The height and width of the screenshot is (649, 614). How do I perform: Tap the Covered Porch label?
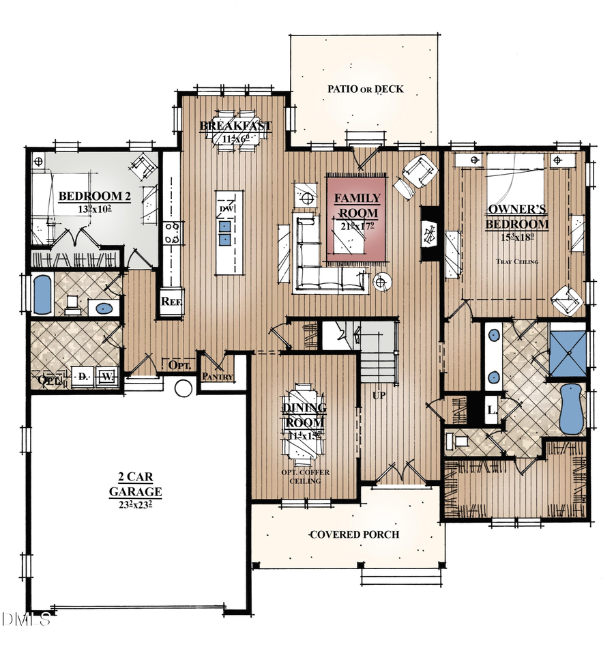point(353,534)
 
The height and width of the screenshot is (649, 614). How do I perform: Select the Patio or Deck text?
point(365,89)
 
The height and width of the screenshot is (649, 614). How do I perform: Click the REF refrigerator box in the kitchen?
point(169,301)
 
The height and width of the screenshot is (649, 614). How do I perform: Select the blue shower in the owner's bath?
point(568,354)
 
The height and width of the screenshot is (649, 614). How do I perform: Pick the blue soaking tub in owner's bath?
point(572,408)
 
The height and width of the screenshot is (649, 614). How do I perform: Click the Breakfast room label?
point(235,127)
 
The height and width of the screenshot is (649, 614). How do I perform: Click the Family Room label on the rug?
point(357,205)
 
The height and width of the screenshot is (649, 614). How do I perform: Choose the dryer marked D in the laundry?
point(83,376)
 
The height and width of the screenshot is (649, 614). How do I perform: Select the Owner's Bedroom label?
point(517,216)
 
